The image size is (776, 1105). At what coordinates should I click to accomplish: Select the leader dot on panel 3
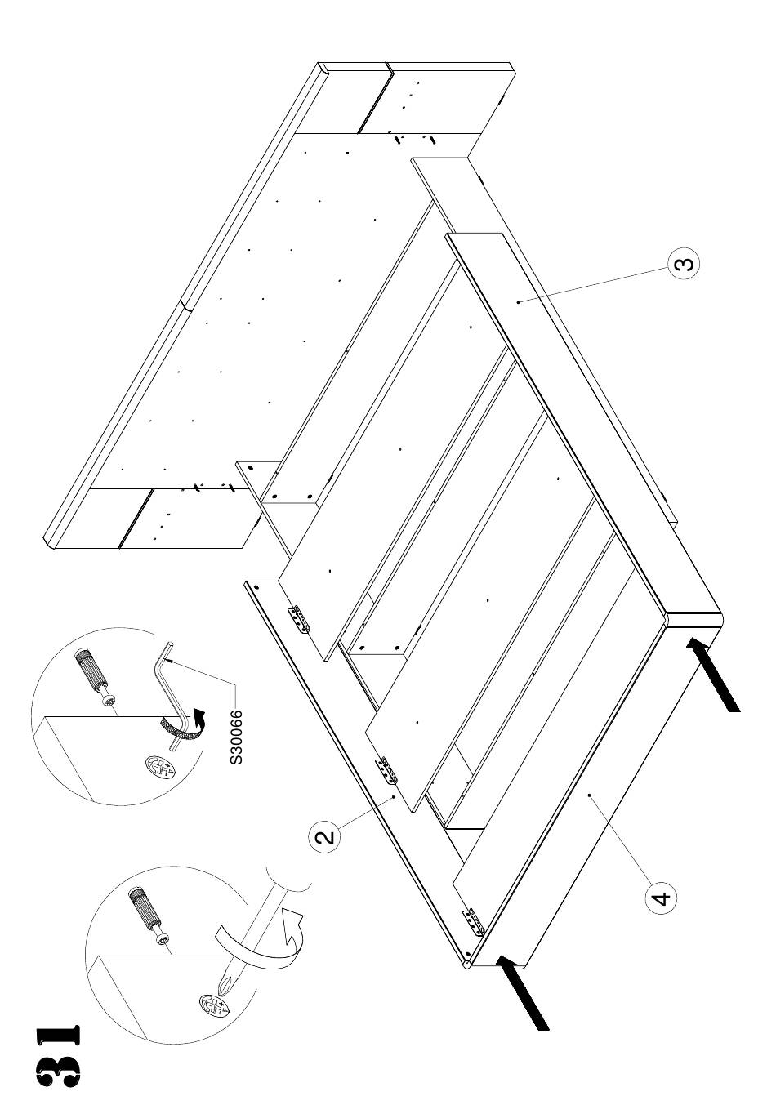coord(518,301)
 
